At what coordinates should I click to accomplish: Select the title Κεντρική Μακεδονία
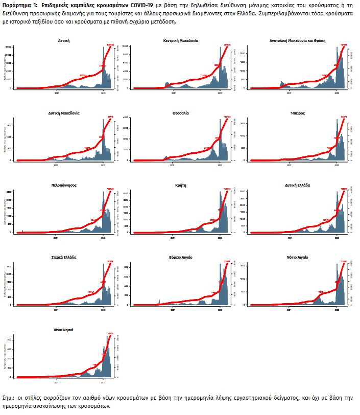coord(181,40)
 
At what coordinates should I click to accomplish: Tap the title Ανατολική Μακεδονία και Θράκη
coord(297,40)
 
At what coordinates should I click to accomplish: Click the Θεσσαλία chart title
coord(181,112)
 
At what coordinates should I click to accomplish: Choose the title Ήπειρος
coord(297,112)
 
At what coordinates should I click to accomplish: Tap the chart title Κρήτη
coord(181,185)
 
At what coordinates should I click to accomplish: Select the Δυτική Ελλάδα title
coord(297,185)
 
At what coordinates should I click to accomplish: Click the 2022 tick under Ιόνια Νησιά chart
coord(104,383)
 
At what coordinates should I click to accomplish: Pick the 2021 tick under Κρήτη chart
coord(173,238)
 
